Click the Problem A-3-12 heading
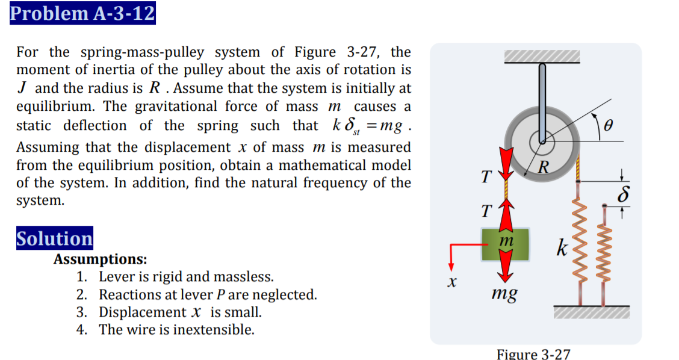point(82,13)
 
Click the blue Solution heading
point(54,238)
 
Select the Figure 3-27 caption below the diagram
point(533,353)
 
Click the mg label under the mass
point(504,294)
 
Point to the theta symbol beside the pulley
point(609,126)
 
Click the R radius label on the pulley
point(544,166)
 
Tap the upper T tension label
point(486,176)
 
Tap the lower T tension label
point(486,211)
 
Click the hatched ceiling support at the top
point(542,57)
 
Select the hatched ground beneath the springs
point(592,311)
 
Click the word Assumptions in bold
point(101,259)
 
